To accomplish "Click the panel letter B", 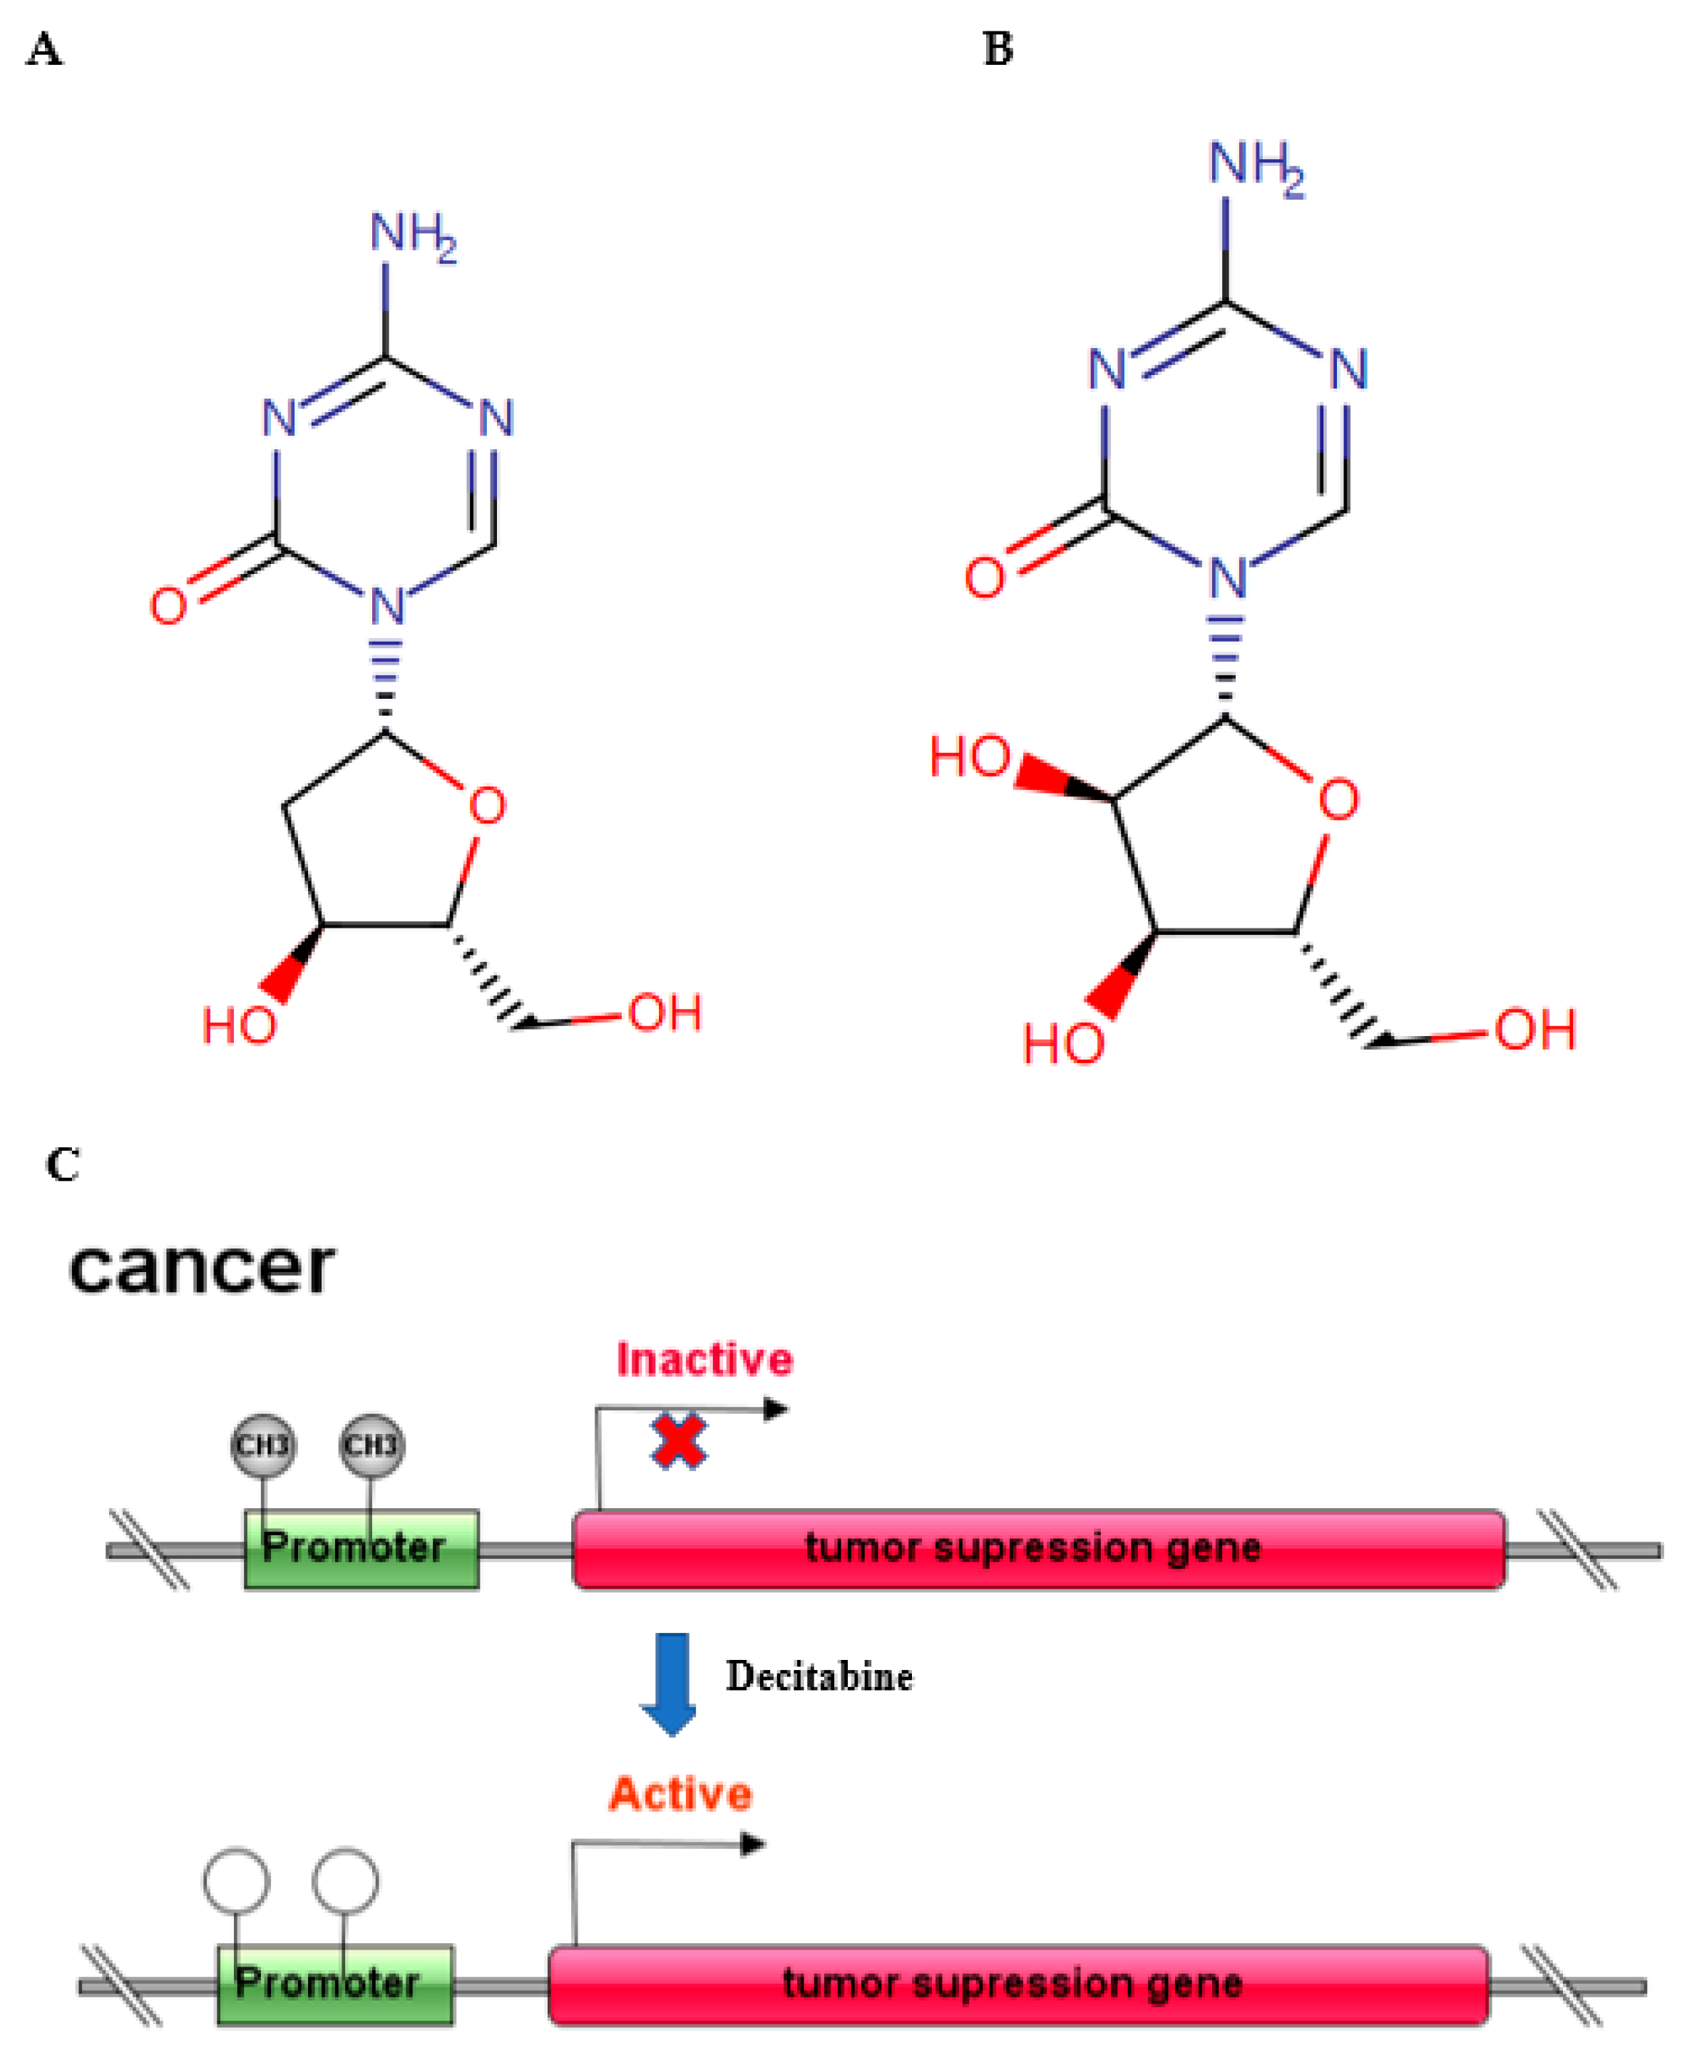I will (x=998, y=48).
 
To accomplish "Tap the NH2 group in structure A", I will (x=412, y=235).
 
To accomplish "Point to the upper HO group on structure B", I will (x=969, y=757).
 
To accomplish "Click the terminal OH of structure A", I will (x=664, y=1013).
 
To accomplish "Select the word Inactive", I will (x=704, y=1359).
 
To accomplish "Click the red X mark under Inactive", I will (x=678, y=1441).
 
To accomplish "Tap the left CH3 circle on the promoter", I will (x=263, y=1445).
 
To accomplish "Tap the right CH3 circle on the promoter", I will (x=371, y=1445).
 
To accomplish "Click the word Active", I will (x=680, y=1794).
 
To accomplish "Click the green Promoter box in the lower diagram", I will (x=335, y=1983).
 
